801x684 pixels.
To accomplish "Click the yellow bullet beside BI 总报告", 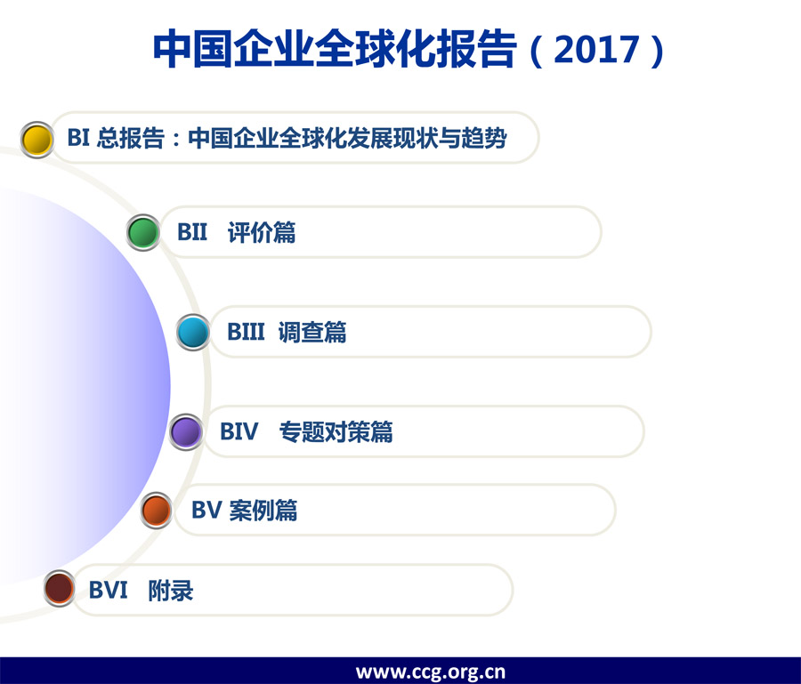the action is coord(36,140).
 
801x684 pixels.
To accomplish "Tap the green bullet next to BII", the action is coord(143,232).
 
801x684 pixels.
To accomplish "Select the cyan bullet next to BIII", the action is coord(193,333).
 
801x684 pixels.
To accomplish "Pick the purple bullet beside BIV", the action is coord(186,432).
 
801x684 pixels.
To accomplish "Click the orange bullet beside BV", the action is coord(157,511).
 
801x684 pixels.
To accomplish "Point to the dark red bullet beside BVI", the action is coord(60,588).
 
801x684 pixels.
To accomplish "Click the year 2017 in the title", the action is coord(596,50).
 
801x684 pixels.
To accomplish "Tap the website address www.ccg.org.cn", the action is coord(431,672).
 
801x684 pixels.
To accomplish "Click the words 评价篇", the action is coord(262,232).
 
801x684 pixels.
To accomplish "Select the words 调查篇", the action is coord(312,333).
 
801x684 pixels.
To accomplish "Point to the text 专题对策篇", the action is coord(336,432).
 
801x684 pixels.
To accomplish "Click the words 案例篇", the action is coord(263,511).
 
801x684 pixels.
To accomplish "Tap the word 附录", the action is coord(171,591).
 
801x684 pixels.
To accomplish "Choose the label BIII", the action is coord(246,333).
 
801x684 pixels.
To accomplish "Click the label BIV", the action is coord(239,432).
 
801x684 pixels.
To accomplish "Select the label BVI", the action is coord(109,591).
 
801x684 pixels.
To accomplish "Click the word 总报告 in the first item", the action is coord(130,139).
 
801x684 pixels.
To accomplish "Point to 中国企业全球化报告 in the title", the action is coord(336,49).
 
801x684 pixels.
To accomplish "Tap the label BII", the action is coord(192,232).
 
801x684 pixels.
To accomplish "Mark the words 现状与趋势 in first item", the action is coord(450,139).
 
